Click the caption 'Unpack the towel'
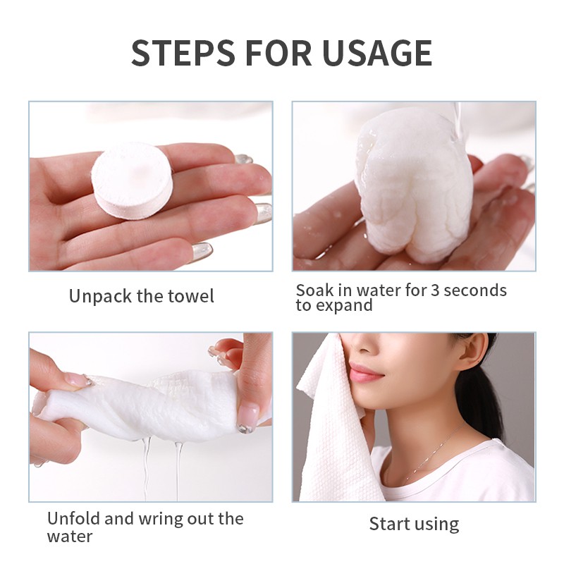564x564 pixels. pos(141,296)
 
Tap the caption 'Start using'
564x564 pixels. pos(414,524)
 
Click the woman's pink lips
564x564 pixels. pos(365,372)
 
